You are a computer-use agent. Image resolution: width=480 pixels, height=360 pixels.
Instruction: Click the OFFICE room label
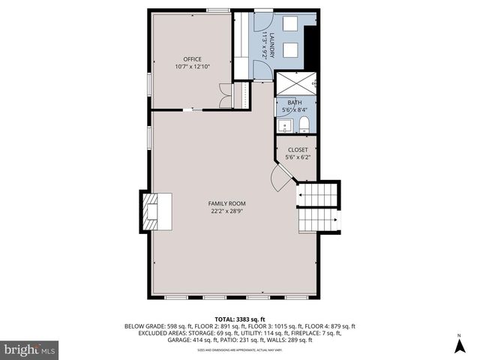(193, 58)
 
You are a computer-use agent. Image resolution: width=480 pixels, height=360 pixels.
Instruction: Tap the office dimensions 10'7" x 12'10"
(193, 67)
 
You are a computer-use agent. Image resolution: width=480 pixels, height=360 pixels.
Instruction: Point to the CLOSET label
(297, 150)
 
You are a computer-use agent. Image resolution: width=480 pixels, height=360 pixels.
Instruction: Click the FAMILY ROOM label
(227, 203)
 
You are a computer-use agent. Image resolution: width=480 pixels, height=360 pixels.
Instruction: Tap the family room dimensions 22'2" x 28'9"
(227, 211)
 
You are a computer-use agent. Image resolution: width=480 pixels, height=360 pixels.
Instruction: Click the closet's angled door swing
(280, 179)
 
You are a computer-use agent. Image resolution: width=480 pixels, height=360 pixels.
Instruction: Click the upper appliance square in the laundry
(291, 24)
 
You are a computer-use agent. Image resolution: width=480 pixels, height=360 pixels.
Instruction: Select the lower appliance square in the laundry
(291, 51)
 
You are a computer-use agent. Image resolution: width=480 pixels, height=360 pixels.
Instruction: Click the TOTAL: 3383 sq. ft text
(239, 319)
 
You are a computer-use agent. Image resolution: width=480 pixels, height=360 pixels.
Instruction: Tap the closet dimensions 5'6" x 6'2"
(297, 157)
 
